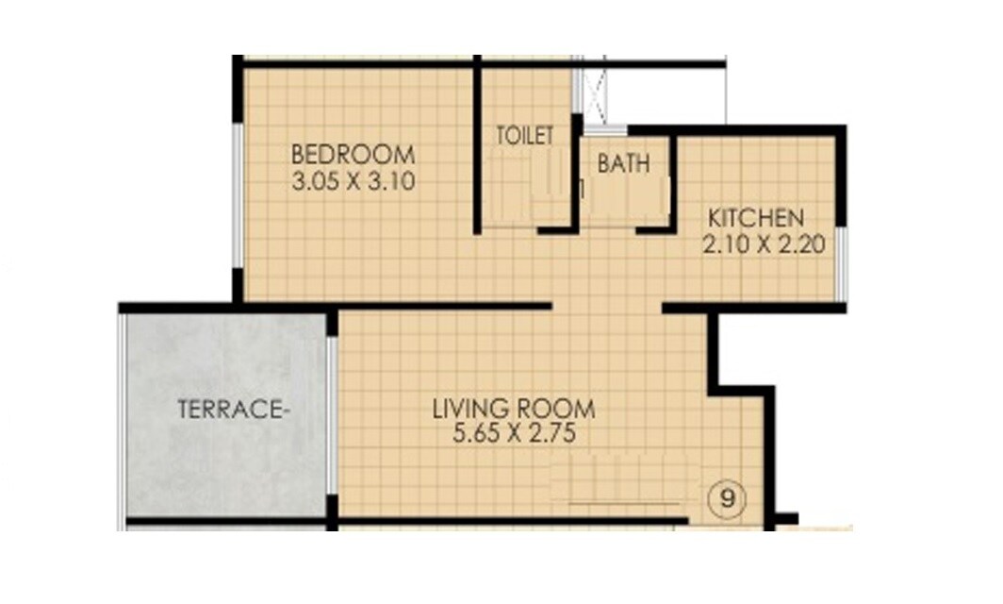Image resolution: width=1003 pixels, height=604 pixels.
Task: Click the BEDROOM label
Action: [x=353, y=154]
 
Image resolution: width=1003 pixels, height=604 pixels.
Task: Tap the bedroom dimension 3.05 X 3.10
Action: [x=353, y=180]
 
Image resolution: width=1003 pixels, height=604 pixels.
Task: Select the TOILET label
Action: [x=525, y=136]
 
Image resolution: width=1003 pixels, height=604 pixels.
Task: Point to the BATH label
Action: [x=623, y=163]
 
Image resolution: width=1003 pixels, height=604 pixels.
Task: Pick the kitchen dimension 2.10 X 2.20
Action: [x=764, y=245]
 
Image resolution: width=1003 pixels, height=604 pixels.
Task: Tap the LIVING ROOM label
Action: [x=514, y=410]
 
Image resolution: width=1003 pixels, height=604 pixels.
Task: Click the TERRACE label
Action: [x=232, y=410]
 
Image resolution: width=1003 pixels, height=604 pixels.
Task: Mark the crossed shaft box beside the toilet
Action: [x=594, y=94]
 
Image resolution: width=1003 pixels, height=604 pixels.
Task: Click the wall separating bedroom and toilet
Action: [x=478, y=146]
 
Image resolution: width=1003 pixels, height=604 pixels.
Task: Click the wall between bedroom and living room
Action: [x=396, y=306]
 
